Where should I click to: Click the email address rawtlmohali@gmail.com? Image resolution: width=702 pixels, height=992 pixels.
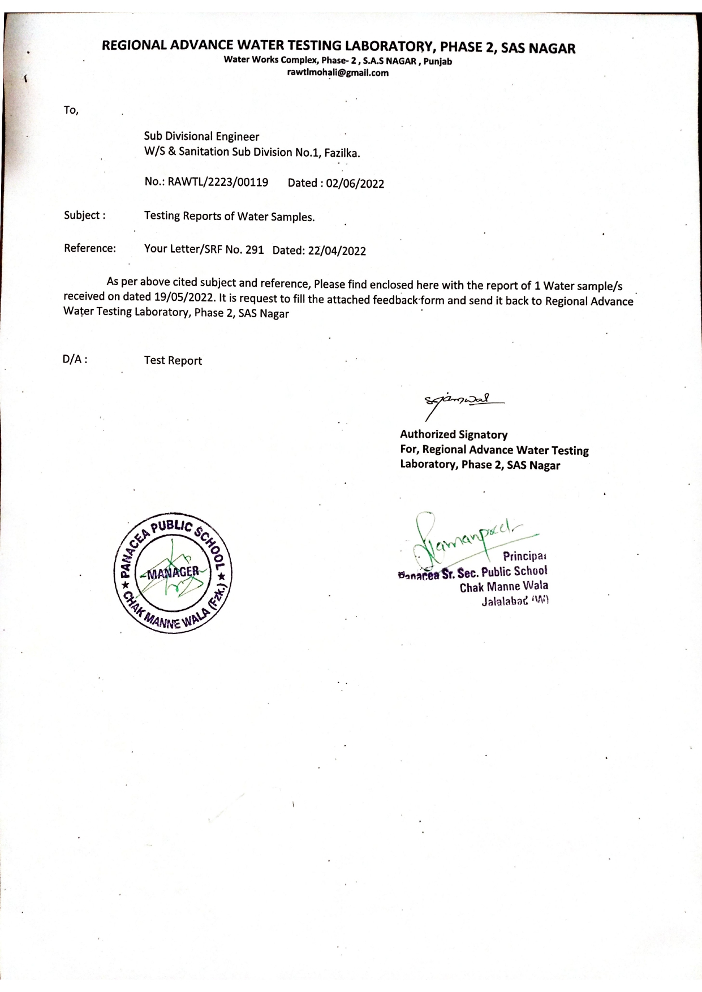338,73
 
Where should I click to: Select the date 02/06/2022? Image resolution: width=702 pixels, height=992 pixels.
355,184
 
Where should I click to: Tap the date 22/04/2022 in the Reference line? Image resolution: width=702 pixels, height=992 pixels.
337,251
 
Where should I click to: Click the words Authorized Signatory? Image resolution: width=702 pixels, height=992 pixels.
454,434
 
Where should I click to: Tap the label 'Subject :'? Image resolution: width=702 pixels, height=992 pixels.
84,215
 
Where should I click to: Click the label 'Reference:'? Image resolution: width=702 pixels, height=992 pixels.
90,248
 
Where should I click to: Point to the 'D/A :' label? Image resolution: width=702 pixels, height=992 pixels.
75,359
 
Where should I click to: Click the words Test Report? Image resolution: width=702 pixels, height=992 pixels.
173,361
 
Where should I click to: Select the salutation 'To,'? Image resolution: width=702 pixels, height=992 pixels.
71,110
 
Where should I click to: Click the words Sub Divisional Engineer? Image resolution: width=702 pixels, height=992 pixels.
201,136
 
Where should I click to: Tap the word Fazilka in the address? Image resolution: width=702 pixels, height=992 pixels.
342,153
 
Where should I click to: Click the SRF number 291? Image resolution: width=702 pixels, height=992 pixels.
255,250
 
